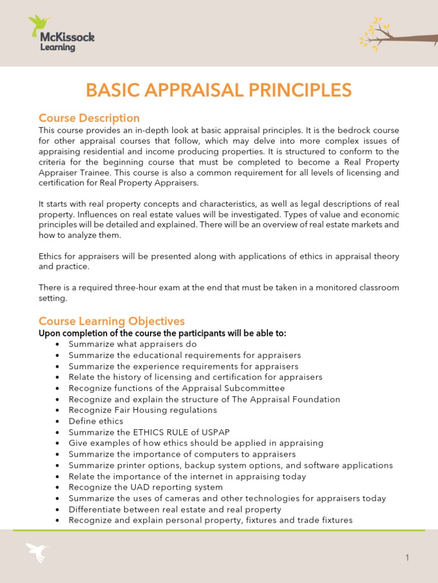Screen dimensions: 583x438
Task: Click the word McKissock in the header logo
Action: pyautogui.click(x=67, y=38)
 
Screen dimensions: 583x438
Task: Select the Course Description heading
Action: pyautogui.click(x=89, y=118)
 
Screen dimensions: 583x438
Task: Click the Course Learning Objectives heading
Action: pyautogui.click(x=111, y=321)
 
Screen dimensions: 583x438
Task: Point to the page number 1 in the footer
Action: pyautogui.click(x=407, y=558)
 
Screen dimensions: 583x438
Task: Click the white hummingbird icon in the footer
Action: pyautogui.click(x=38, y=552)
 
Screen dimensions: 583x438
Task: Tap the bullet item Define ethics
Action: pyautogui.click(x=96, y=421)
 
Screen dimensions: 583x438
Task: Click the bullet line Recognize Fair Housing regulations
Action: pyautogui.click(x=143, y=410)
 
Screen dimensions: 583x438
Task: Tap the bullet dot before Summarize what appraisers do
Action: pyautogui.click(x=58, y=344)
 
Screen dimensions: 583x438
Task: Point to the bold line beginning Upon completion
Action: pyautogui.click(x=162, y=333)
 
